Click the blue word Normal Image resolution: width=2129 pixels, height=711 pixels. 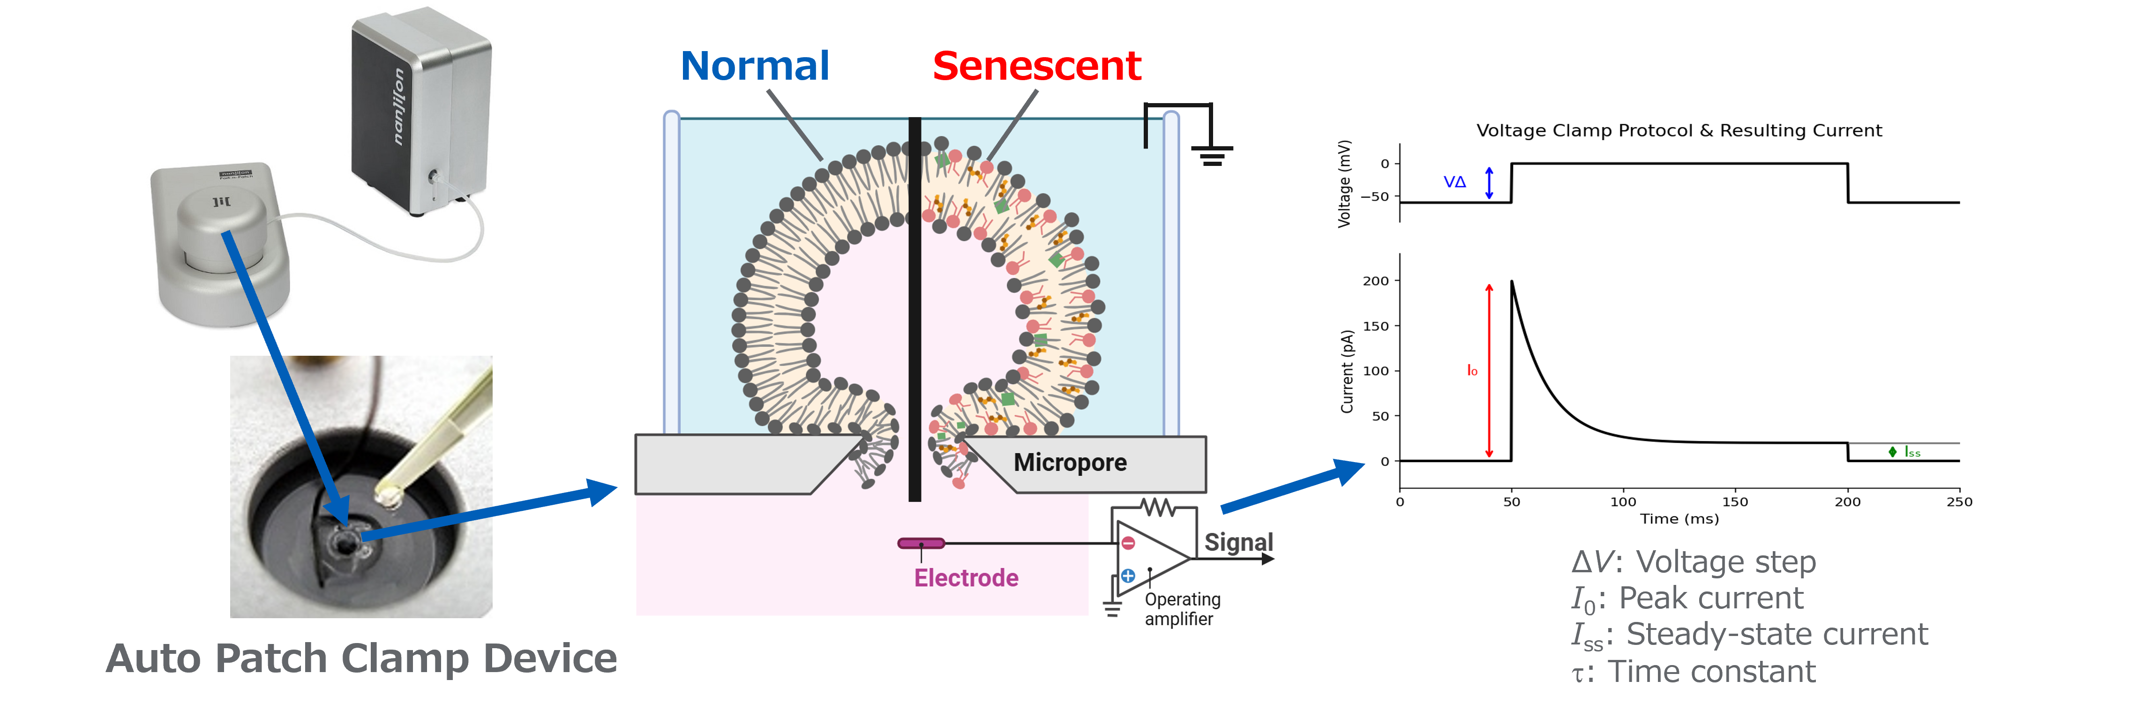tap(755, 66)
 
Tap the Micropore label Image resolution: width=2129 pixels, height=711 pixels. tap(1070, 462)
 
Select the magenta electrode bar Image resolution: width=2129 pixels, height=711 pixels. tap(921, 543)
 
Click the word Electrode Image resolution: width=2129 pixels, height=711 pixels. tap(966, 578)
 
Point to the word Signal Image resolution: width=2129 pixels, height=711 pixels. tap(1238, 542)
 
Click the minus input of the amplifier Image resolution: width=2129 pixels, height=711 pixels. tap(1128, 543)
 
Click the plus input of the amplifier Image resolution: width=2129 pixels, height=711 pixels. tap(1128, 576)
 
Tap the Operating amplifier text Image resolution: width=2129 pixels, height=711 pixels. tap(1182, 609)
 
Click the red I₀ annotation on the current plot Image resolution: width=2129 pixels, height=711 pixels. tap(1472, 370)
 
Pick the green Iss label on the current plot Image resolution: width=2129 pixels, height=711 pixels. tap(1912, 451)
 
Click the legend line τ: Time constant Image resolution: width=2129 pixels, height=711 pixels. tap(1694, 671)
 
